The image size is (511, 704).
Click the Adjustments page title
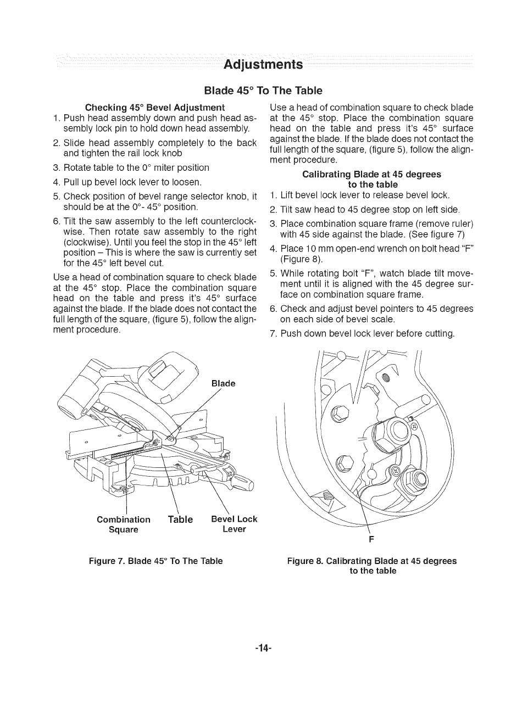pos(263,64)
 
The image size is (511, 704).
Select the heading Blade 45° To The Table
pos(263,90)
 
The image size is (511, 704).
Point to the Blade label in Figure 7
pos(224,384)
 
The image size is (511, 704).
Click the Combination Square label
pos(124,524)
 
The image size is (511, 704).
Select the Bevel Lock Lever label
pos(234,524)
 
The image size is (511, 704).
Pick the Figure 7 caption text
pos(157,561)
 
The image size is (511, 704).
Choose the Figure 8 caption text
pos(372,566)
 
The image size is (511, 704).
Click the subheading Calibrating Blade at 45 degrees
pos(372,179)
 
